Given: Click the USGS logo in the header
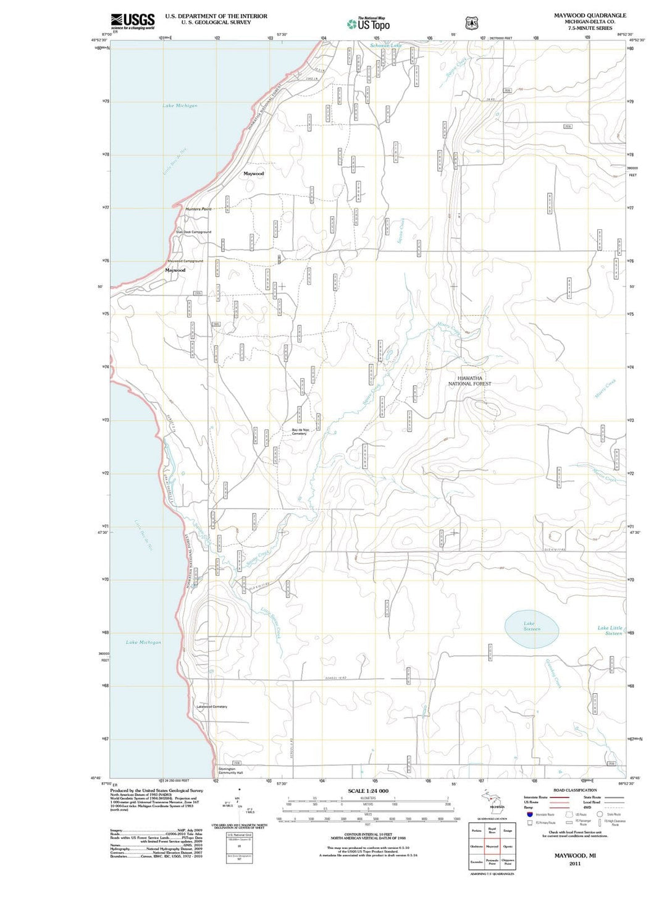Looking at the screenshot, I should click(x=132, y=22).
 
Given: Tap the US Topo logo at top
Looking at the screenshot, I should click(x=369, y=24).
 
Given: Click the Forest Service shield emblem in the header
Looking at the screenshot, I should click(x=472, y=23).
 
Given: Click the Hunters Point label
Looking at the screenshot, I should click(x=198, y=209).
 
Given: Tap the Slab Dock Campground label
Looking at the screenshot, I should click(x=193, y=232).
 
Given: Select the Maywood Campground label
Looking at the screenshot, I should click(x=185, y=261).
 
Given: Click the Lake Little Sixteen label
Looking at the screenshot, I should click(x=610, y=630).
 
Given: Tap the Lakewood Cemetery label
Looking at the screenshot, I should click(x=212, y=707).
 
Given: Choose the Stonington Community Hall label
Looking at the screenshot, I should click(x=230, y=770).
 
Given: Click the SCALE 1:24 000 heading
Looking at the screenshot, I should click(x=368, y=791).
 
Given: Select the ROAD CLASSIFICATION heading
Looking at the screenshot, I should click(x=575, y=790).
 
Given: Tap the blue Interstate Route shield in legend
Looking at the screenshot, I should click(x=530, y=815).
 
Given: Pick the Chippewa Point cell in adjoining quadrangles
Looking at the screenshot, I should click(x=508, y=862).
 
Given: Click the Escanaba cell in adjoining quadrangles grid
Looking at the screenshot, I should click(x=476, y=862).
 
